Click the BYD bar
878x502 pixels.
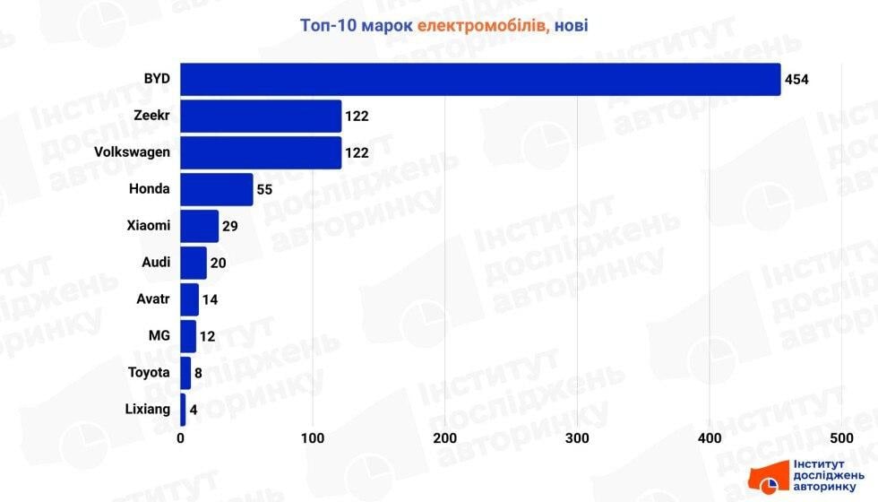click(x=480, y=79)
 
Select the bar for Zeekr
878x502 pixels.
click(x=261, y=116)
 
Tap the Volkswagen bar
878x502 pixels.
click(x=261, y=152)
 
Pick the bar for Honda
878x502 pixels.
click(x=217, y=189)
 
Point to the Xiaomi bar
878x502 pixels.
click(x=200, y=226)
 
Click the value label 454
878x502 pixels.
click(x=796, y=79)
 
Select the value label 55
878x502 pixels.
click(x=264, y=189)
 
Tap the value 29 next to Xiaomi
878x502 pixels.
click(x=229, y=226)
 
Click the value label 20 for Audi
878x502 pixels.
click(x=218, y=263)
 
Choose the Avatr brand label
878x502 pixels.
click(x=151, y=299)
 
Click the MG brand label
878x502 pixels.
click(x=159, y=336)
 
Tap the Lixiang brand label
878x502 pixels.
click(x=147, y=410)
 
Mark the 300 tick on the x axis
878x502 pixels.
click(x=578, y=438)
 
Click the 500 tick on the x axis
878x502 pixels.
click(x=841, y=438)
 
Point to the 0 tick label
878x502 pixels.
click(x=181, y=438)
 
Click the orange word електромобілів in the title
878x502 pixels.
click(x=480, y=27)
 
